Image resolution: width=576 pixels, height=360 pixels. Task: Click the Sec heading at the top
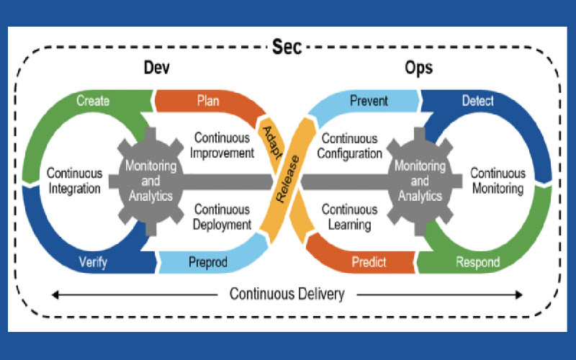[287, 48]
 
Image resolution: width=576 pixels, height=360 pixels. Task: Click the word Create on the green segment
[93, 101]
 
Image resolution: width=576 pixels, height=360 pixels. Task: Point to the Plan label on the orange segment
[208, 101]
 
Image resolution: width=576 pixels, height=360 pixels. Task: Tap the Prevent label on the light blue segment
[368, 101]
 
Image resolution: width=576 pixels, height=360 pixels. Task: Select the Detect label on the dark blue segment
[477, 101]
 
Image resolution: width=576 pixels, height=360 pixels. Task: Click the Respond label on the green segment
[477, 262]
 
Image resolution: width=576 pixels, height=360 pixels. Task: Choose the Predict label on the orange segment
[368, 262]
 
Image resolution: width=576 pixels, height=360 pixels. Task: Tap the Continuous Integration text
[74, 181]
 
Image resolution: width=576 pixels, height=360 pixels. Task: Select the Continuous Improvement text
[222, 145]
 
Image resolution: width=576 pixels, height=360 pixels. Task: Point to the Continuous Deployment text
[222, 217]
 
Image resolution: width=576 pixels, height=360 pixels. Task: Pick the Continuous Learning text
[348, 217]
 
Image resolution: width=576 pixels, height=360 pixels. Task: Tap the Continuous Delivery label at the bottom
[287, 294]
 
